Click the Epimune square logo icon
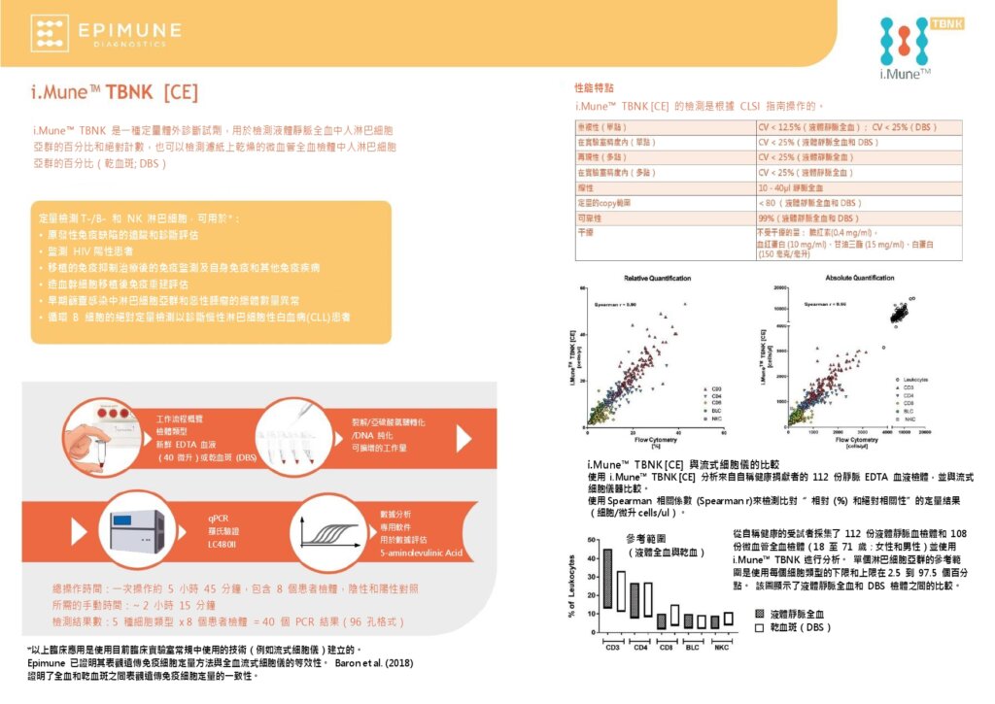(x=50, y=31)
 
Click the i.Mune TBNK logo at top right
(x=913, y=48)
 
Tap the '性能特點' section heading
(x=594, y=87)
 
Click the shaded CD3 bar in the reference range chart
(x=607, y=579)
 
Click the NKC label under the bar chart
(x=721, y=648)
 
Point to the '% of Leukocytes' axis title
(x=571, y=587)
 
